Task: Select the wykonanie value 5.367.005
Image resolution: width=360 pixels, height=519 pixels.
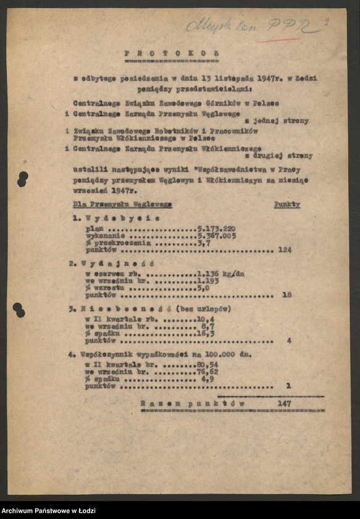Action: (216, 235)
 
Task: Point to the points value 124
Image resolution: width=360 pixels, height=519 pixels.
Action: (285, 250)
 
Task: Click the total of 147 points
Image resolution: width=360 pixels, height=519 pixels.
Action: (285, 402)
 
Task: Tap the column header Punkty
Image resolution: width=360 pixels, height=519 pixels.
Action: (287, 204)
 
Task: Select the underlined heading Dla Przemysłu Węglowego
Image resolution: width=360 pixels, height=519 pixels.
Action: (122, 204)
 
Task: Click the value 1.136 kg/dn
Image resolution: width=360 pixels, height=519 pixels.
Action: (221, 274)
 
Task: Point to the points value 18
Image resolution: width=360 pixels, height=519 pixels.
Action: (287, 295)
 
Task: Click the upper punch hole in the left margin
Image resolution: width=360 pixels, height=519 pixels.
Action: (22, 179)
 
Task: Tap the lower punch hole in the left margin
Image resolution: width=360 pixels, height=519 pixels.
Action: (19, 310)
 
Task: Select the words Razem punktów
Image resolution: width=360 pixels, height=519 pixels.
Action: (193, 402)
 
